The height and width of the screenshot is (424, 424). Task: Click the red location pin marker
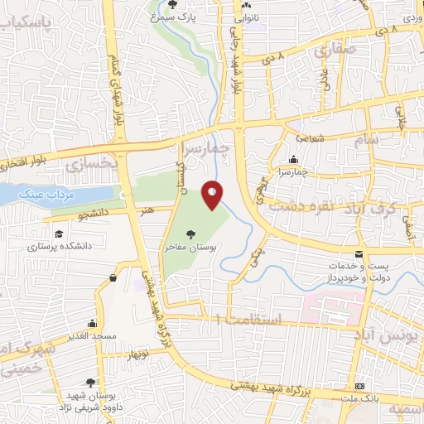click(213, 195)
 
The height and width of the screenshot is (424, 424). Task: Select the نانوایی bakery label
click(246, 16)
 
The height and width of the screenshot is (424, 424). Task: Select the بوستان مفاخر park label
click(192, 248)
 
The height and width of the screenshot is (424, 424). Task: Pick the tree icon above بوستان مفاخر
click(192, 234)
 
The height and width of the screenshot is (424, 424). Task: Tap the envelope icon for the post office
click(359, 252)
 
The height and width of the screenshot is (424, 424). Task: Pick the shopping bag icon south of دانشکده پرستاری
click(112, 278)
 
